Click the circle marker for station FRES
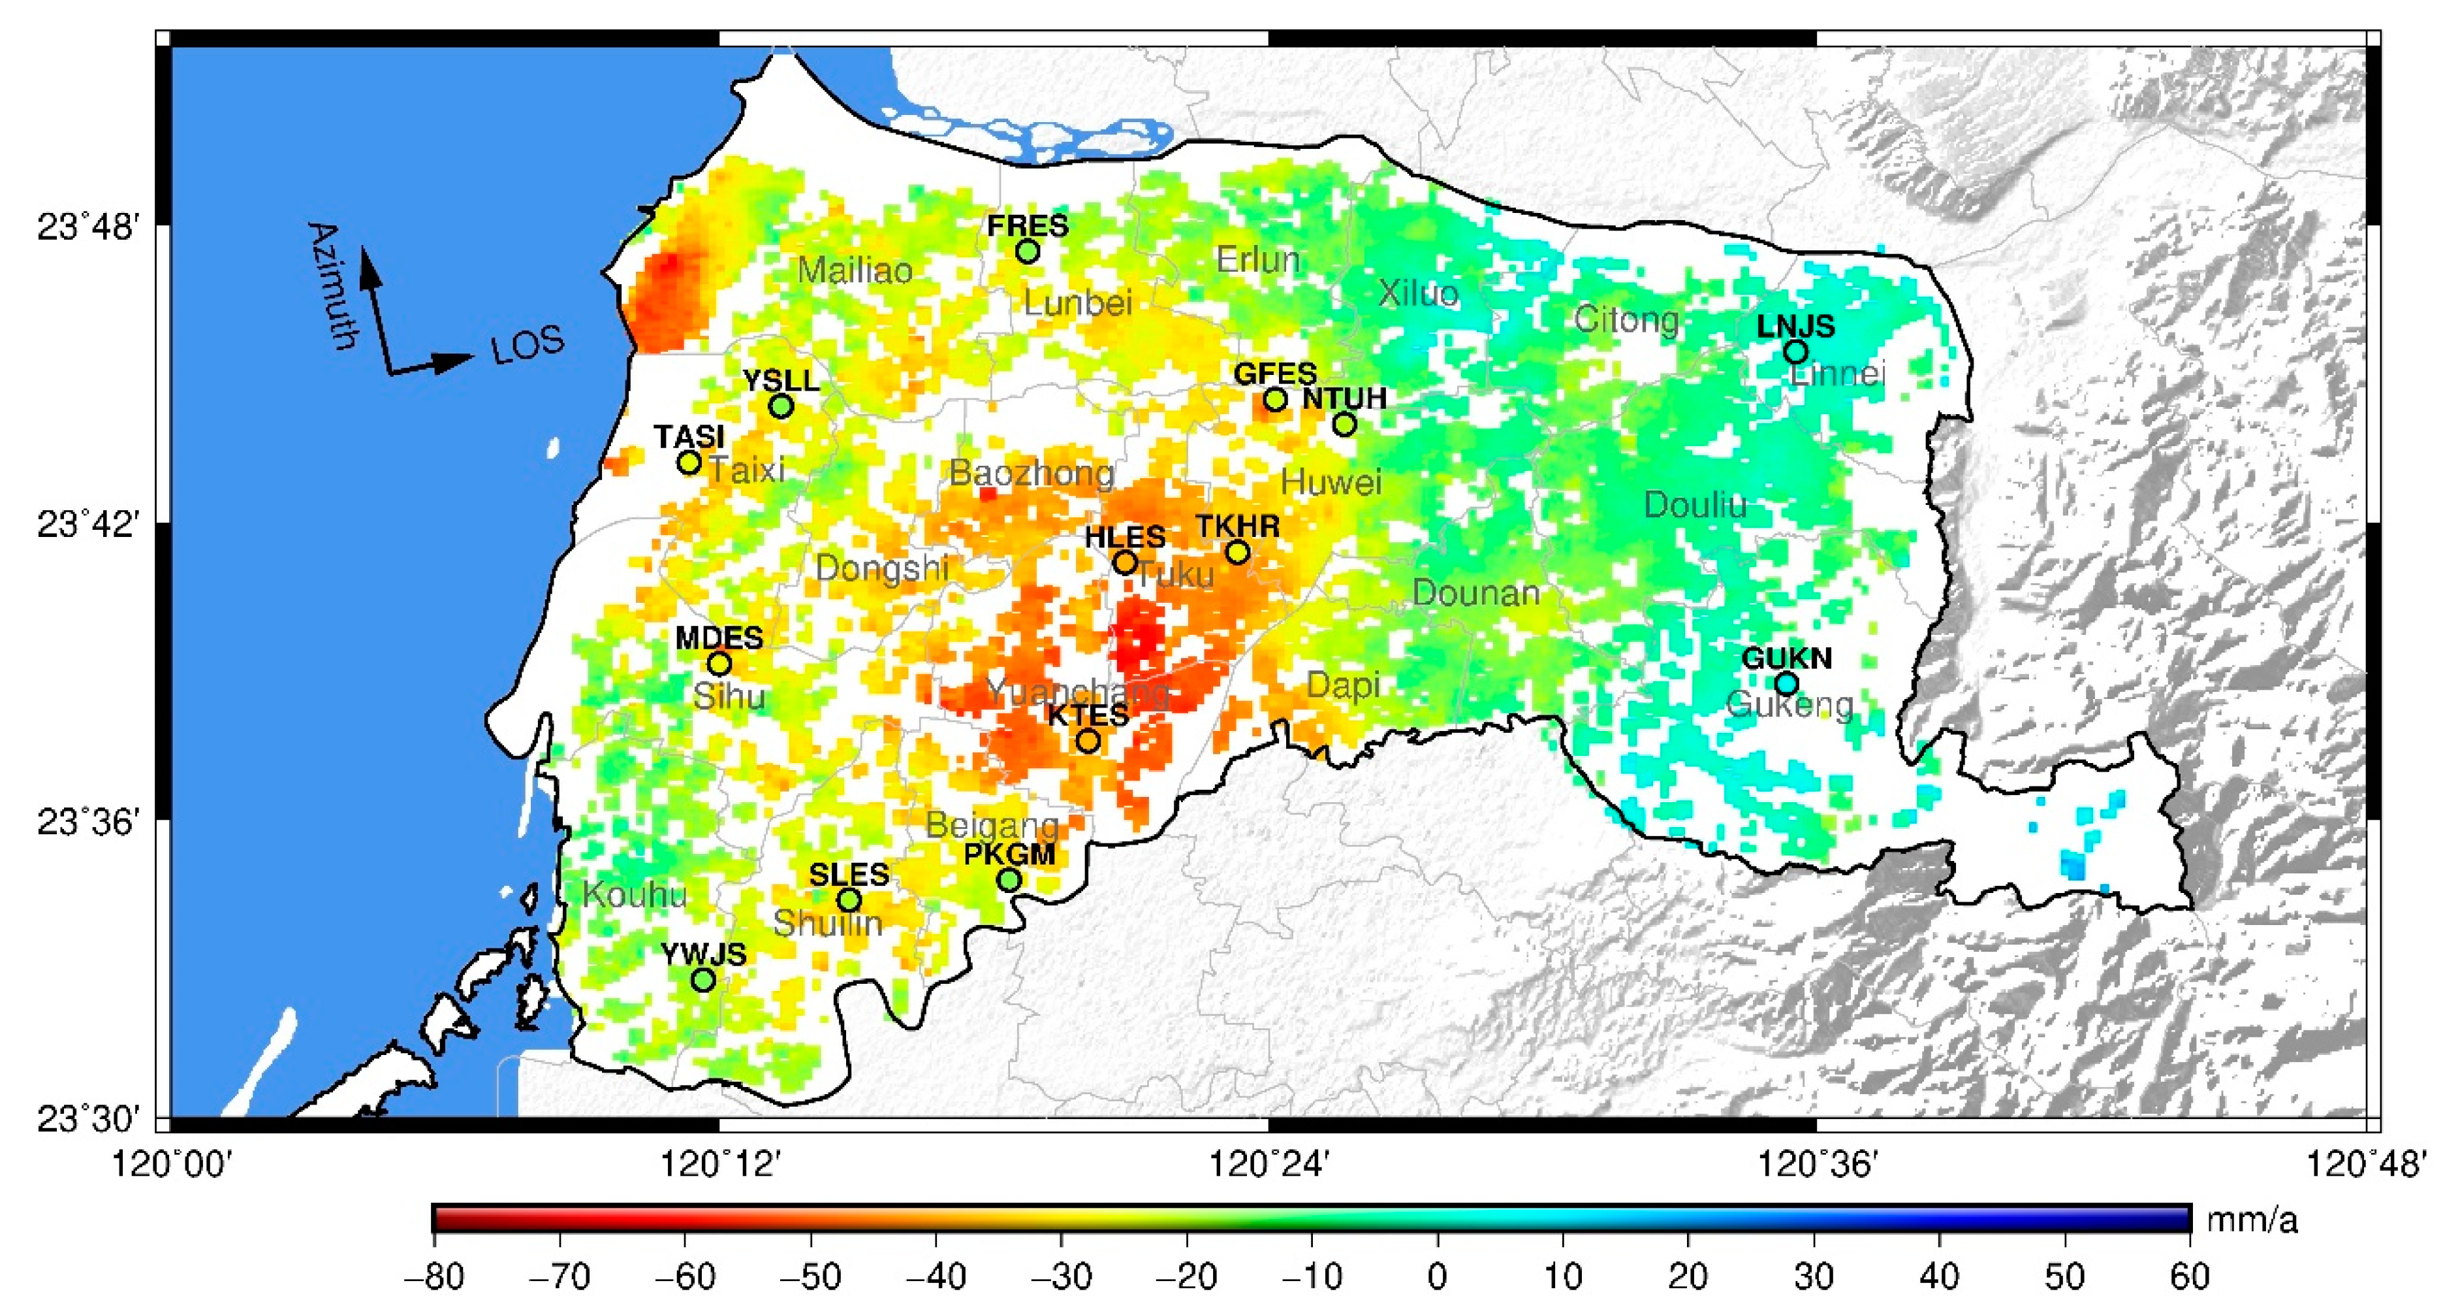click(1027, 252)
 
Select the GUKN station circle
click(1786, 683)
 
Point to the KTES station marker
click(1088, 741)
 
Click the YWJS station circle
click(702, 980)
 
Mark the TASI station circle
click(689, 463)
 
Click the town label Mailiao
click(855, 270)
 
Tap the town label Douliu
click(1695, 505)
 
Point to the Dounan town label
click(1475, 594)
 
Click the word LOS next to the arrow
click(528, 346)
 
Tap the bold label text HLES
click(1125, 537)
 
